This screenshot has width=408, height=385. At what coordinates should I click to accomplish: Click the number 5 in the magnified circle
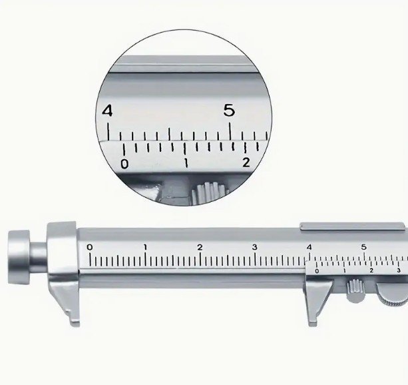pos(229,110)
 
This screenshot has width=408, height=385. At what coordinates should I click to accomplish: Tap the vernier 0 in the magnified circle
pos(124,164)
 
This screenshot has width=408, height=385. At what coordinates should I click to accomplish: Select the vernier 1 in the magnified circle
pos(186,163)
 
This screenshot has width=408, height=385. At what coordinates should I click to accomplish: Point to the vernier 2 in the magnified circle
pos(246,163)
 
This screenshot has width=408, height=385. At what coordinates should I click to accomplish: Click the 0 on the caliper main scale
pos(89,247)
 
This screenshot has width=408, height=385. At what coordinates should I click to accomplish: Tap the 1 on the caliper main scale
pos(145,247)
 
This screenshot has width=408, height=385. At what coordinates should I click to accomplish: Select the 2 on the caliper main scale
pos(200,247)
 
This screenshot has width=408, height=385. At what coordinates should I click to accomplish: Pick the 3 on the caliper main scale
pos(255,247)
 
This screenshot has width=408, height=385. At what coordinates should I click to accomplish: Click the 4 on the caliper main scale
pos(309,247)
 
